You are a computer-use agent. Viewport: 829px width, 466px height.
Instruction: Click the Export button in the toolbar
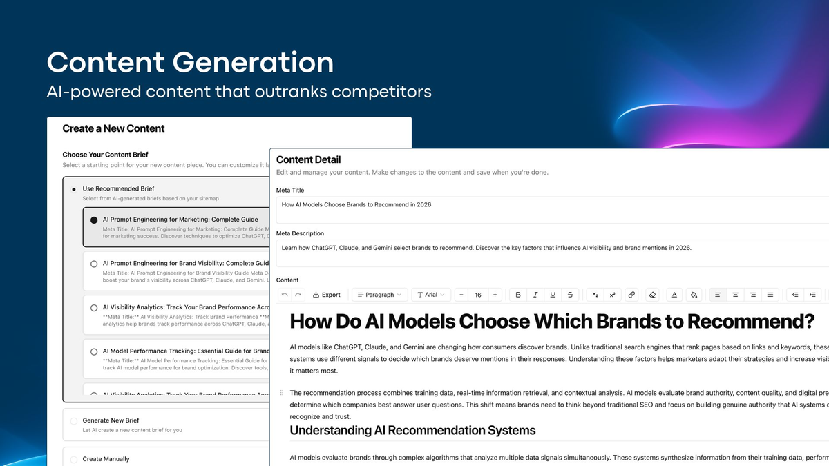click(x=327, y=295)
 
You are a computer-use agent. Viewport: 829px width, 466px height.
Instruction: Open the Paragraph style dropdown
click(x=379, y=295)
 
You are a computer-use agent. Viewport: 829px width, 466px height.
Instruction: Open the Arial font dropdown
click(x=431, y=295)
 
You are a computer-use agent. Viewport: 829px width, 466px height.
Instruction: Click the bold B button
click(x=518, y=295)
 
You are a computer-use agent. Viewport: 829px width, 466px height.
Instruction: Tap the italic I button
click(x=535, y=295)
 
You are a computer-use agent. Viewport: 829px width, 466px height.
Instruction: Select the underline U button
click(x=553, y=295)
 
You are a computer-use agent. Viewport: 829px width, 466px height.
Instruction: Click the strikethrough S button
click(x=570, y=295)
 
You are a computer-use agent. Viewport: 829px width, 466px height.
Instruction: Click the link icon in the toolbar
click(x=631, y=295)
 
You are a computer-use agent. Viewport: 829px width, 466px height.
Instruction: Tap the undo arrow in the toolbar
click(x=285, y=295)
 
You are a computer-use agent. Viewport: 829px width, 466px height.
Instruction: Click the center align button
click(x=735, y=295)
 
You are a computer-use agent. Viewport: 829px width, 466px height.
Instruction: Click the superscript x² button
click(x=612, y=295)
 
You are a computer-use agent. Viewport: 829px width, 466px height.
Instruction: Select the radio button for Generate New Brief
click(x=74, y=420)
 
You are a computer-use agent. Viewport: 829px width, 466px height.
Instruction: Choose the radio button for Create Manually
click(x=74, y=459)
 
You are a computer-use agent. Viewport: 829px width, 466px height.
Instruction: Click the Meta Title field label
click(x=290, y=190)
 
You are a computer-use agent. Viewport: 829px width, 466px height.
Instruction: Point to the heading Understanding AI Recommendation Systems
click(x=412, y=430)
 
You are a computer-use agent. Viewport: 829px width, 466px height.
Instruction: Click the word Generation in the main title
click(x=254, y=63)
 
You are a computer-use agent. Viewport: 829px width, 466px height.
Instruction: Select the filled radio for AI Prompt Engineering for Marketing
click(x=94, y=220)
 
